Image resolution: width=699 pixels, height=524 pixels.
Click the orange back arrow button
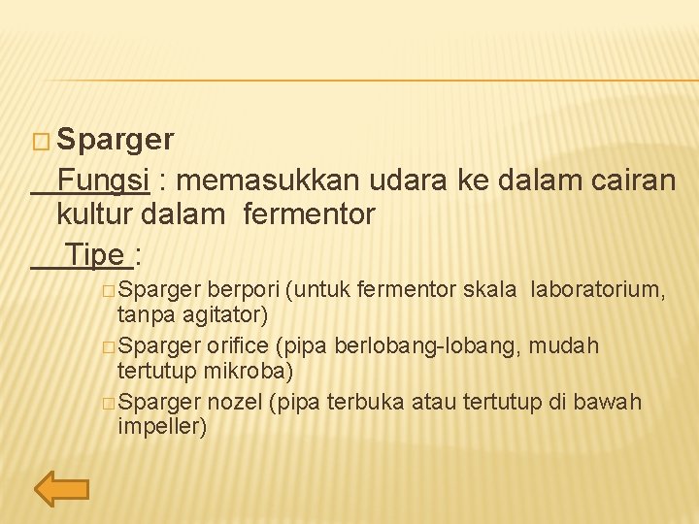[62, 490]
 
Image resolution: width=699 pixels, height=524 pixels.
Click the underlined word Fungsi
[102, 180]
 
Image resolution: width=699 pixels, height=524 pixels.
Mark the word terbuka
[365, 402]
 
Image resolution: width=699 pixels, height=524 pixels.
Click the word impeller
[161, 427]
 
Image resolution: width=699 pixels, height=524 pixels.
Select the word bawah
[612, 402]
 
